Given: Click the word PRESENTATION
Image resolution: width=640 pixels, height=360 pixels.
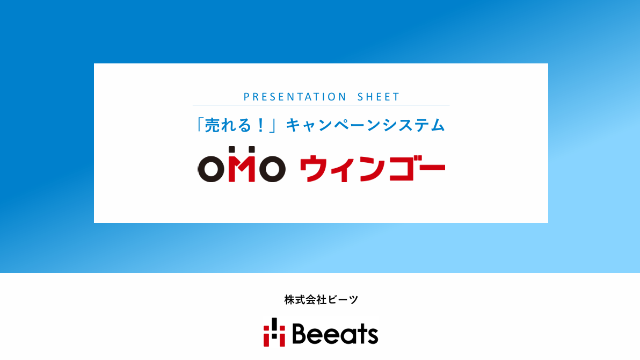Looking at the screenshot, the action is point(295,97).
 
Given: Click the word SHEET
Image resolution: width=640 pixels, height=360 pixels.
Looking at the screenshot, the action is point(379,97).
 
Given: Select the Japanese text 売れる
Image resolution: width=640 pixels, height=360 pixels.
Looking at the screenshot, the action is point(228,125).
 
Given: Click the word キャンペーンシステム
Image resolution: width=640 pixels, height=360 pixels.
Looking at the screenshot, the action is point(365,125).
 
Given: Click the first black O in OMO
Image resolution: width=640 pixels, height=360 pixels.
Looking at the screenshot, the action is point(211,169).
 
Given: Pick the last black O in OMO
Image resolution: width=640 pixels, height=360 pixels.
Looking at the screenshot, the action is point(272,169).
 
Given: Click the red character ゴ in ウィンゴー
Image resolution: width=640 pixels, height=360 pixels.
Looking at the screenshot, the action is point(403,167).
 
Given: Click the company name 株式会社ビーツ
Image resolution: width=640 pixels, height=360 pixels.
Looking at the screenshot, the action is point(321,299).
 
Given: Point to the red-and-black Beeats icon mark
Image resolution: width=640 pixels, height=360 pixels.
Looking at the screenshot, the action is point(274,332).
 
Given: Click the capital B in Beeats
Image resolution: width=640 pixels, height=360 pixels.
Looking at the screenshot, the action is point(300,334).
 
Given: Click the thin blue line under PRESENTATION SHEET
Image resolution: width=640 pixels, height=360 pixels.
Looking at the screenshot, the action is point(321,105).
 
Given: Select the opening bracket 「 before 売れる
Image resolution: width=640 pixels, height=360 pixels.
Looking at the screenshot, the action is point(199,125).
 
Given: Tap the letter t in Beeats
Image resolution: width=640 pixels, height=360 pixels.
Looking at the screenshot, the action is point(358,334).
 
